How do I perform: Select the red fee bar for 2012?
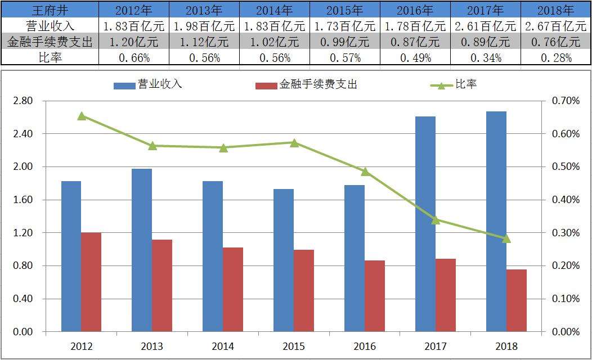click(x=91, y=282)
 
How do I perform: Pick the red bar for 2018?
click(x=517, y=300)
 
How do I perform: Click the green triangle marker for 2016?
click(x=365, y=172)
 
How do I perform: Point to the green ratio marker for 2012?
click(x=82, y=116)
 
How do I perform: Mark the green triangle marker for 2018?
click(x=506, y=238)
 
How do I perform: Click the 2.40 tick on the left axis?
click(x=23, y=134)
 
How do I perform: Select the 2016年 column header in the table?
click(x=415, y=10)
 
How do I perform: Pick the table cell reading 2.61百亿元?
click(x=486, y=26)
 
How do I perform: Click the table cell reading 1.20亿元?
click(x=133, y=42)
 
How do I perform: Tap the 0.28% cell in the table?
click(x=556, y=57)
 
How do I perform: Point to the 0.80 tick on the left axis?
click(x=23, y=265)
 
